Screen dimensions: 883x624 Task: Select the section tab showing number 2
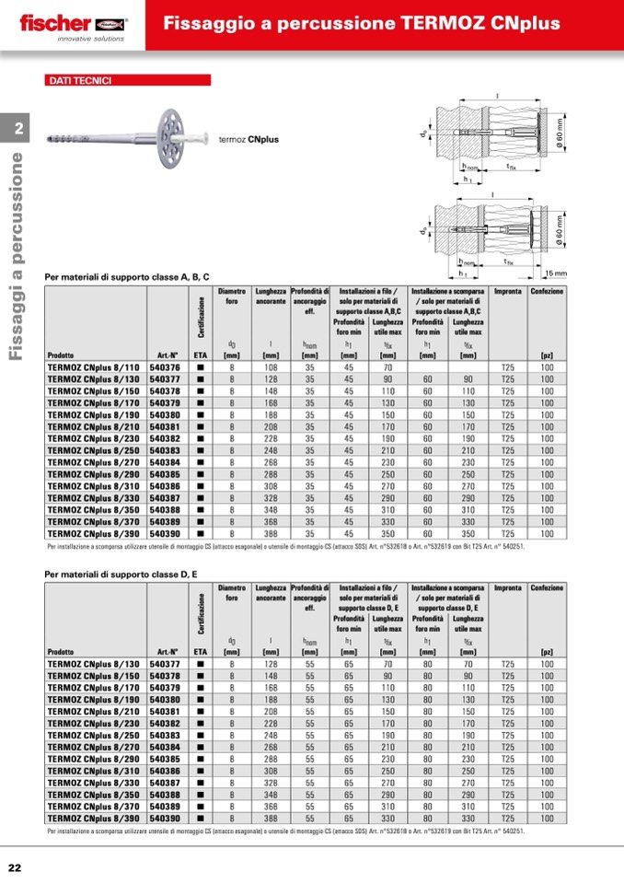coord(19,129)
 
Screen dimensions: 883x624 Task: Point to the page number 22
coord(16,867)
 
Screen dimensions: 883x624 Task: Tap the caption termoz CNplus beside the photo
coord(248,140)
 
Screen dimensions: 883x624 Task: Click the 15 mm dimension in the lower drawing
coord(555,273)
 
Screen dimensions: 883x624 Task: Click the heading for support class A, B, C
coord(127,276)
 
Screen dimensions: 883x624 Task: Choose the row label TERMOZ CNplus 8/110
coord(93,366)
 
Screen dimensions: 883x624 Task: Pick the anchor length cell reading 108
coord(271,366)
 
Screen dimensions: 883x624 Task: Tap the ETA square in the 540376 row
coord(200,366)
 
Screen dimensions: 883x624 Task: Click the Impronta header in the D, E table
coord(508,587)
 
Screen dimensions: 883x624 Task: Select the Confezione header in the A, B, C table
coord(547,292)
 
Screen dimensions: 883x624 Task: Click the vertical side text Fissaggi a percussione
coord(17,258)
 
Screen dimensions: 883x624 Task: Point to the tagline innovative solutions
coord(90,40)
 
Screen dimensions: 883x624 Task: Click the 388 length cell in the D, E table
coord(271,818)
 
